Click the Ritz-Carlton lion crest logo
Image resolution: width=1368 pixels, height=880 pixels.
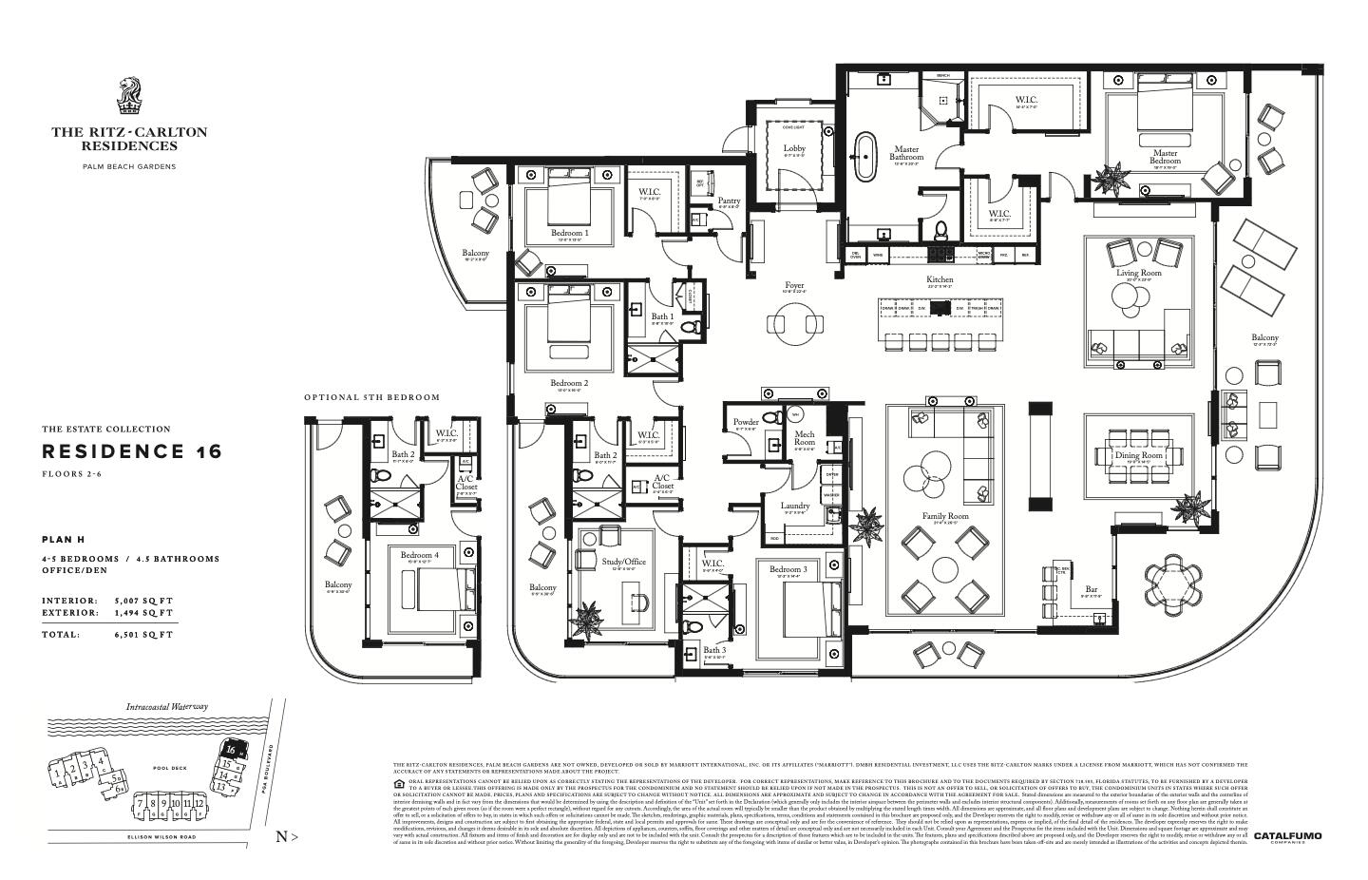(128, 98)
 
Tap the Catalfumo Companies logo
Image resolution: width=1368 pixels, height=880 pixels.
(1287, 837)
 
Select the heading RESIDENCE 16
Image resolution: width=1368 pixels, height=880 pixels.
(131, 451)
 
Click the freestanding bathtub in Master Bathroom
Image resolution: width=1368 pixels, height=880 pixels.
(864, 157)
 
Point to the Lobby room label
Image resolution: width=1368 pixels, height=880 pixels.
(794, 149)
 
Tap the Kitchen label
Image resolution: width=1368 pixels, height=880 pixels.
(940, 280)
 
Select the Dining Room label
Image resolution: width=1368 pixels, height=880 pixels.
(1139, 456)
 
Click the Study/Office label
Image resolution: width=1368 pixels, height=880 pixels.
(623, 562)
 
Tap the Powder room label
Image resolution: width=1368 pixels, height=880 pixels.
(746, 422)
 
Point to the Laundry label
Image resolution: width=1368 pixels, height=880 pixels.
(795, 507)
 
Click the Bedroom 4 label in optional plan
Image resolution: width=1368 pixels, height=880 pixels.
(420, 555)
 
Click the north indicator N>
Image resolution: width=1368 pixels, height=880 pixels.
(286, 836)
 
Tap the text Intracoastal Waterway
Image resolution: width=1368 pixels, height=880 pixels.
(166, 707)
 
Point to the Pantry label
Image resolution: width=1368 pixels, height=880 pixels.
(729, 201)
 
